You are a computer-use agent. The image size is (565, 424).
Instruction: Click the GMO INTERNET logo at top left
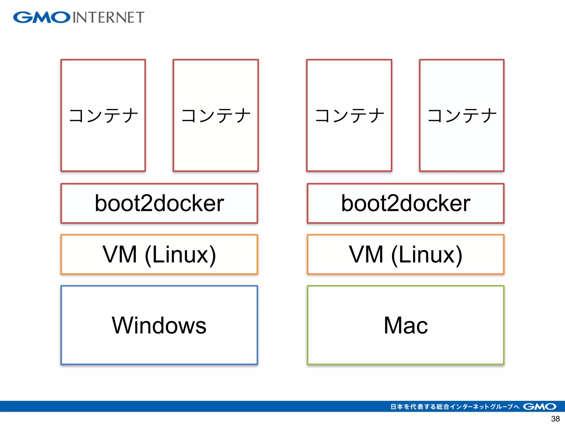(79, 17)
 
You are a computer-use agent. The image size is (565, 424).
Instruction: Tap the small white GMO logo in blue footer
(539, 406)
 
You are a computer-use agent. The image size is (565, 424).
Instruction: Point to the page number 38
(555, 419)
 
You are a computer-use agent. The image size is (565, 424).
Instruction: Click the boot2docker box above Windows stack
(159, 203)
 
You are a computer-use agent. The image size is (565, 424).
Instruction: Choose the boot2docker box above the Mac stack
(406, 203)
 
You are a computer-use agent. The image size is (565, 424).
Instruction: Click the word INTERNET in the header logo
(108, 17)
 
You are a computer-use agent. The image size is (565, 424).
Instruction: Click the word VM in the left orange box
(120, 254)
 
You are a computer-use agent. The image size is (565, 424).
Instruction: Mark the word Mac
(406, 325)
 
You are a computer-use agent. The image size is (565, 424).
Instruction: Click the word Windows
(159, 325)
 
